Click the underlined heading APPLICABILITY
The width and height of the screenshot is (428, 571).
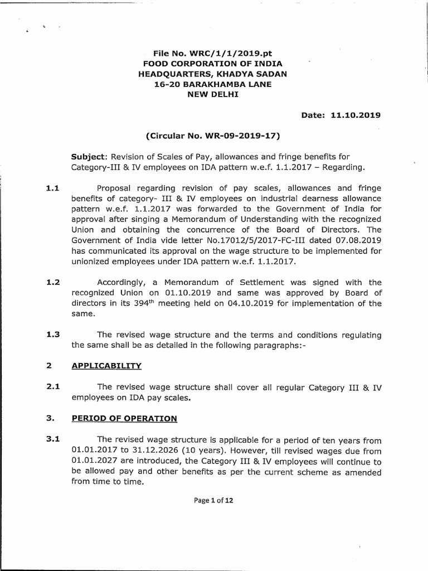pyautogui.click(x=106, y=366)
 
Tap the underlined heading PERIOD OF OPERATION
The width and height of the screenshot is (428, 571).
pyautogui.click(x=124, y=418)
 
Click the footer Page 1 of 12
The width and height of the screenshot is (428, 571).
pyautogui.click(x=213, y=500)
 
